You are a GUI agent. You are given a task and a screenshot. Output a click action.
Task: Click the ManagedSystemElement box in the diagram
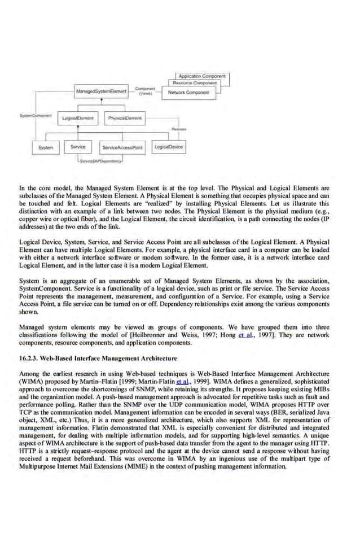point(102,91)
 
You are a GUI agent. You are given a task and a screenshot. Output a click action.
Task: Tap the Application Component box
point(201,76)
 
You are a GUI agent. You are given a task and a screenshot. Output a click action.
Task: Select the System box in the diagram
point(45,147)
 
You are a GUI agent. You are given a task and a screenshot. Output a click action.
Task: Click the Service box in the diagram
point(78,147)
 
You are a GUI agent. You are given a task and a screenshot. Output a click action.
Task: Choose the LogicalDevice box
point(168,147)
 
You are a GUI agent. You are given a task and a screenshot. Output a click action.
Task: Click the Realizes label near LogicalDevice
point(179,129)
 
